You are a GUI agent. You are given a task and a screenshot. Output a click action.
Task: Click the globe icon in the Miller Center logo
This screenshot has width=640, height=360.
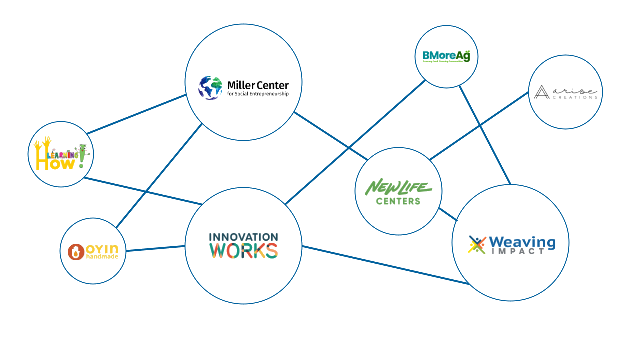point(210,88)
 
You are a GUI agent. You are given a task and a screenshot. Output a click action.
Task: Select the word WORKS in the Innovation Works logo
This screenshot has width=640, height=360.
point(243,250)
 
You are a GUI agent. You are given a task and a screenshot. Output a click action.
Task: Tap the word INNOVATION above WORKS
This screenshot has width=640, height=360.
point(243,237)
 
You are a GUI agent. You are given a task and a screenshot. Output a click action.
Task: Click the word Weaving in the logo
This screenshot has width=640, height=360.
point(522,242)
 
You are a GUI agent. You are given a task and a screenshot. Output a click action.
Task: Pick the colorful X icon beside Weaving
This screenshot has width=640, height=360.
point(477,244)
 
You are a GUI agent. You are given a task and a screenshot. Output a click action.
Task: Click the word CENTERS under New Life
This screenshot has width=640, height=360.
point(398,201)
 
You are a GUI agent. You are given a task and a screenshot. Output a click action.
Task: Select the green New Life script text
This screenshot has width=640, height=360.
point(398,188)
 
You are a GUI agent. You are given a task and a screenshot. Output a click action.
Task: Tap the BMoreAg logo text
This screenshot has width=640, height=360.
point(446,56)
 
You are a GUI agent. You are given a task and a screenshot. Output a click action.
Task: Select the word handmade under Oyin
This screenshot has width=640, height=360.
point(102,257)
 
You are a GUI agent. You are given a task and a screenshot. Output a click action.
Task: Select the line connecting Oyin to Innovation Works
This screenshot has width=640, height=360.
point(155,248)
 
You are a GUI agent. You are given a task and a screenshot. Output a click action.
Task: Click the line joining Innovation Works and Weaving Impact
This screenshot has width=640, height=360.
point(385,265)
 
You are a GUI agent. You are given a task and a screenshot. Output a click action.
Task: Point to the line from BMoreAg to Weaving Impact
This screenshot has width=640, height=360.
point(484,134)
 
